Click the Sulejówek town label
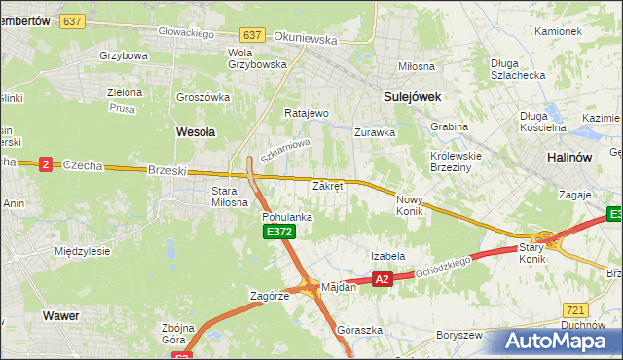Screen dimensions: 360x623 (413, 97)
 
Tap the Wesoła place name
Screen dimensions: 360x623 (195, 130)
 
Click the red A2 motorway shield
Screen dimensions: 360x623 (383, 279)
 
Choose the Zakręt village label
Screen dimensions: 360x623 (327, 185)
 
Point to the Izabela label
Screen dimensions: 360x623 (387, 256)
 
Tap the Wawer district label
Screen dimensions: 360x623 (59, 316)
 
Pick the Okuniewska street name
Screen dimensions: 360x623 (305, 41)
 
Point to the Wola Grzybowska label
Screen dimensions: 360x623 (256, 58)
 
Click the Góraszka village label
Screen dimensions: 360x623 (357, 330)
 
